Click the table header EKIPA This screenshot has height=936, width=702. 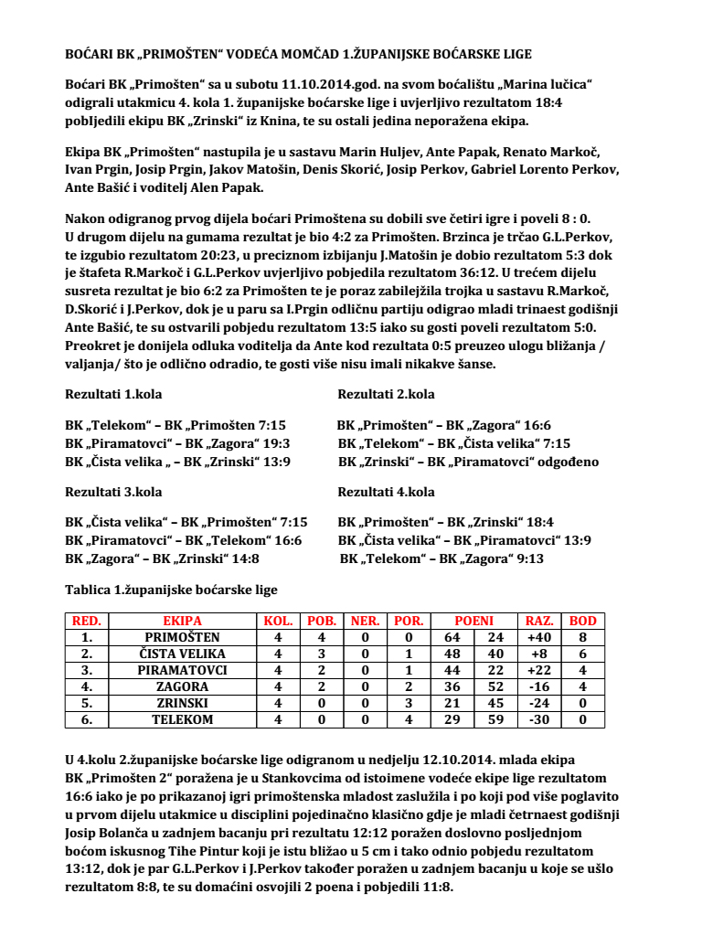tap(182, 621)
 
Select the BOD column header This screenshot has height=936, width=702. tap(582, 621)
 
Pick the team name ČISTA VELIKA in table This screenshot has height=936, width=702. tap(182, 654)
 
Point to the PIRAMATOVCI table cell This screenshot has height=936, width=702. tap(182, 670)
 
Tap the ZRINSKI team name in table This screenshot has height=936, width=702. tap(182, 703)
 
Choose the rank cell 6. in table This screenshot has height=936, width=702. tap(88, 719)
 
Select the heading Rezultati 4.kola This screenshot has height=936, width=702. tap(386, 492)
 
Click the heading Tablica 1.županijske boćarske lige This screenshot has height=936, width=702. tap(171, 590)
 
